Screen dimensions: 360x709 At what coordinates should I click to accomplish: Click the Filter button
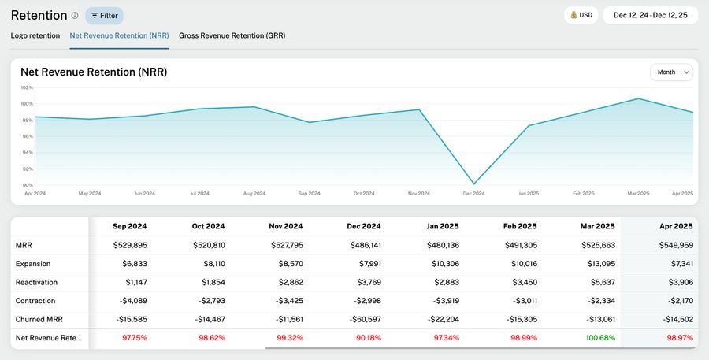click(x=104, y=15)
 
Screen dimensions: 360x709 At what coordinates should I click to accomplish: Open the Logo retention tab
click(x=35, y=35)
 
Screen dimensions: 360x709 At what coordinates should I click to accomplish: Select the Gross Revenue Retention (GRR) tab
click(x=232, y=35)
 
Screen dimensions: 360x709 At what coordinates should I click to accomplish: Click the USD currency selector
click(x=581, y=15)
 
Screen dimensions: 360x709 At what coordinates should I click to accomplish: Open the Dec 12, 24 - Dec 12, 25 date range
click(x=650, y=15)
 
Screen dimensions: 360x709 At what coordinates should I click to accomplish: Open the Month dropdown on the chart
click(x=671, y=72)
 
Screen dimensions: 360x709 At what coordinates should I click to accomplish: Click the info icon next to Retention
click(x=75, y=15)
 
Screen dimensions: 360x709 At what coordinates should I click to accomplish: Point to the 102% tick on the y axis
click(x=27, y=87)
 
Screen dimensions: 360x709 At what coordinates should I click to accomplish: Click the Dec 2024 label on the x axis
click(x=474, y=193)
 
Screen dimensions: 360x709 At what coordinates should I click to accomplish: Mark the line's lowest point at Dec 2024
click(x=474, y=184)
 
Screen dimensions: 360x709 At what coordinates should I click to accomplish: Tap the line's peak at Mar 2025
click(x=638, y=98)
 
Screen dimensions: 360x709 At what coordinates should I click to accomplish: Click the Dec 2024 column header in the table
click(x=364, y=226)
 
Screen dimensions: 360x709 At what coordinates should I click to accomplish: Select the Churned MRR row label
click(x=39, y=319)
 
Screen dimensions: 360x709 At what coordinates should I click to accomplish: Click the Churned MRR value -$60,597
click(x=364, y=319)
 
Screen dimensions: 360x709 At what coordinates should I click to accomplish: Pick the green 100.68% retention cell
click(x=597, y=337)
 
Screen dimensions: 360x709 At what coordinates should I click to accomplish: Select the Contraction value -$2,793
click(x=209, y=300)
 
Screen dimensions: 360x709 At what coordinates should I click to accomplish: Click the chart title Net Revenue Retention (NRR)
click(x=94, y=72)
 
